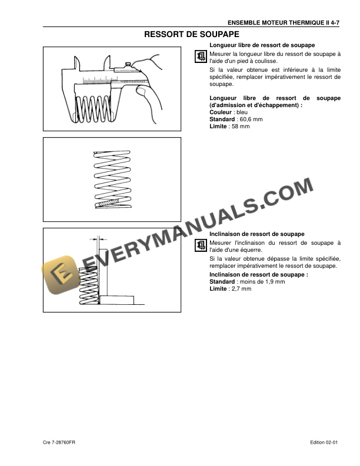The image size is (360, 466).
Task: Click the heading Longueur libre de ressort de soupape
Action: click(x=262, y=45)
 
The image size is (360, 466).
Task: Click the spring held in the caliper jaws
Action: click(x=94, y=108)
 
